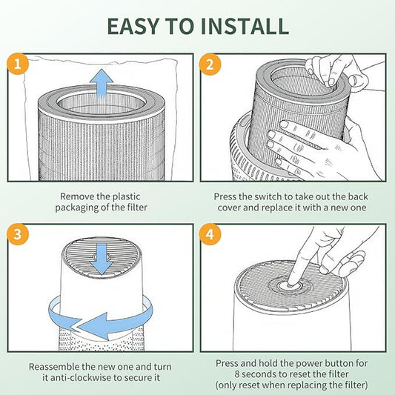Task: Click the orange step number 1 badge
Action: tap(18, 64)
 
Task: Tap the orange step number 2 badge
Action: tap(210, 64)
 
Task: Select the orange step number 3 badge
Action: tap(18, 234)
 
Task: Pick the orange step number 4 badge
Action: tap(210, 234)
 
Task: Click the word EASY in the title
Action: tap(133, 26)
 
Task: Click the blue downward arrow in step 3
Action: tap(102, 259)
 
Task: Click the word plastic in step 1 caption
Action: tap(126, 196)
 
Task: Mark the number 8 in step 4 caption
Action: tap(237, 374)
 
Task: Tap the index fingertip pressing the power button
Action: tap(292, 285)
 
